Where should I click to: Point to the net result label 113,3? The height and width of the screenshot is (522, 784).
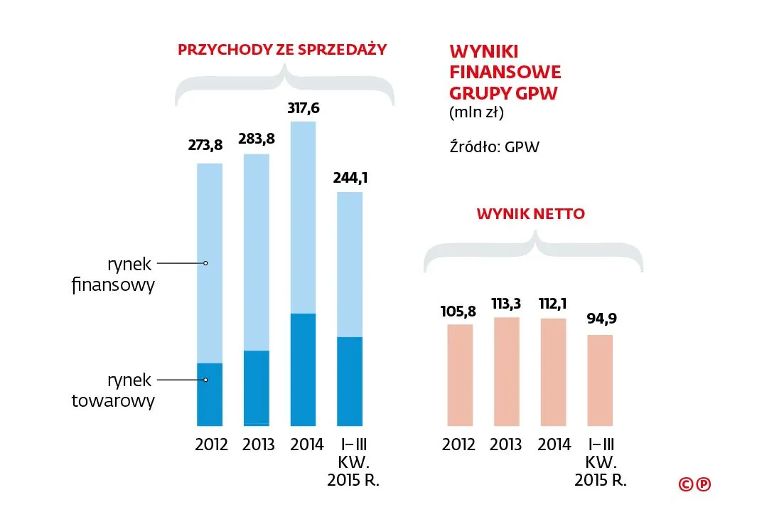(506, 304)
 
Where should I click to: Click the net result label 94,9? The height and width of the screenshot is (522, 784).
(601, 319)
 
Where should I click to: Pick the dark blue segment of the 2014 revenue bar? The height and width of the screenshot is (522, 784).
(304, 369)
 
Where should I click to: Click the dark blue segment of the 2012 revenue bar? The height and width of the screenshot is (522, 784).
(210, 395)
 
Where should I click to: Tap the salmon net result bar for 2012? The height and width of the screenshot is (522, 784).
(459, 375)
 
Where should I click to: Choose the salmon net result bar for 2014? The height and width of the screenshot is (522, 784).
(553, 372)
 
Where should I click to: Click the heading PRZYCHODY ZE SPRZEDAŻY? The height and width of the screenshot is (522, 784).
(282, 50)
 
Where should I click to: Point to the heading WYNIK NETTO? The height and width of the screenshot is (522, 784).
(531, 214)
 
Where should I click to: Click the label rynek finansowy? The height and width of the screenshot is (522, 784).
(113, 275)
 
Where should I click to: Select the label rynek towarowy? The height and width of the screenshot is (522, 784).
(113, 390)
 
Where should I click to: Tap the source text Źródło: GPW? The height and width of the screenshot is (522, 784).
(495, 148)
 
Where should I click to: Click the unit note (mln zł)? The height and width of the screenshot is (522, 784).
(476, 112)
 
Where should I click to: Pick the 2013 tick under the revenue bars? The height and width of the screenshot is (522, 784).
(258, 445)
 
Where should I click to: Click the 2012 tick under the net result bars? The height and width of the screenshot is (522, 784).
(458, 445)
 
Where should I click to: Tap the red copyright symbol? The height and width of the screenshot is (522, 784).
(686, 484)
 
